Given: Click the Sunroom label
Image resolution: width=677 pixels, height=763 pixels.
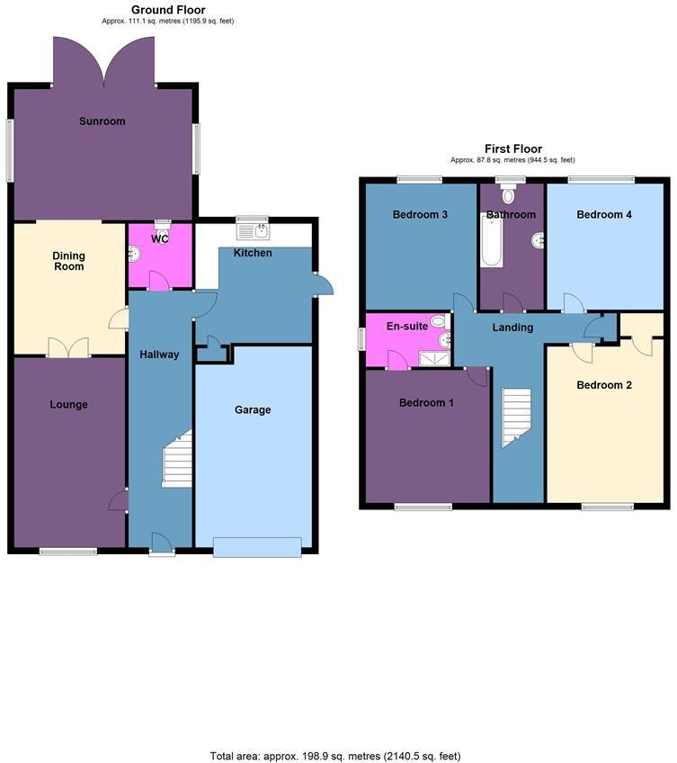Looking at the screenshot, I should pyautogui.click(x=102, y=121).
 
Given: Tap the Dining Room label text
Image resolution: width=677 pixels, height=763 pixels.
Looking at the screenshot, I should pyautogui.click(x=68, y=261).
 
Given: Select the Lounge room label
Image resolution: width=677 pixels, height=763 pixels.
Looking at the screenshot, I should pyautogui.click(x=68, y=405).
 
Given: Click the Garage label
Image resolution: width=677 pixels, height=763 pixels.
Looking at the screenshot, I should pyautogui.click(x=253, y=410).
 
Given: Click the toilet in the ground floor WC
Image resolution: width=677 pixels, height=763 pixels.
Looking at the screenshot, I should pyautogui.click(x=163, y=229).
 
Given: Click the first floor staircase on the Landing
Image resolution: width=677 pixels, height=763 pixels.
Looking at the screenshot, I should pyautogui.click(x=516, y=417).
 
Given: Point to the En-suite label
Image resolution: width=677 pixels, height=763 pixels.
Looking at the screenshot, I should pyautogui.click(x=407, y=327).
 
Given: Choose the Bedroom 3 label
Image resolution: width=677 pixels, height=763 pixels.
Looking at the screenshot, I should pyautogui.click(x=421, y=215).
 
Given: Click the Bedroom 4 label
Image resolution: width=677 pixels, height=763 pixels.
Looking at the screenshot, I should pyautogui.click(x=604, y=215).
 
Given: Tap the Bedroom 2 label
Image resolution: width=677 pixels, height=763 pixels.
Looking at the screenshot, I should pyautogui.click(x=604, y=385).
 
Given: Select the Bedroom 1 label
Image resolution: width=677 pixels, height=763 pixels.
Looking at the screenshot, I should pyautogui.click(x=426, y=403).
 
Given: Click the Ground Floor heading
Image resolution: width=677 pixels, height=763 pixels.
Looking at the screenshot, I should pyautogui.click(x=168, y=10).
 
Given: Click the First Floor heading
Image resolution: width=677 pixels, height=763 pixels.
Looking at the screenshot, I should pyautogui.click(x=513, y=149).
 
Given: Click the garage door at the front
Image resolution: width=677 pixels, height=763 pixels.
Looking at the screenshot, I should pyautogui.click(x=257, y=546).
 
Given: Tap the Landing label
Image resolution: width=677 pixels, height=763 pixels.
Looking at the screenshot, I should pyautogui.click(x=512, y=328).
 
